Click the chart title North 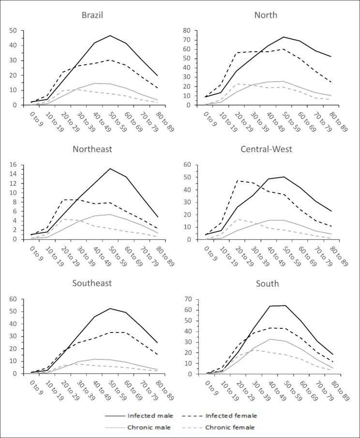pos(266,15)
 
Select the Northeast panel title pos(92,149)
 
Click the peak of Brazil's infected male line pos(110,35)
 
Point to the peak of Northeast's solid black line pos(110,169)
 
